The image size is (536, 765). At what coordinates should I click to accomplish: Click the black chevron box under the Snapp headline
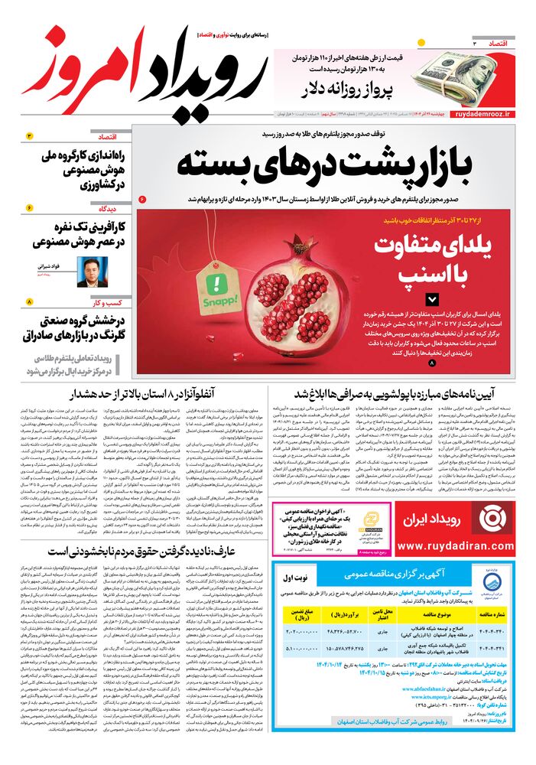click(433, 300)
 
